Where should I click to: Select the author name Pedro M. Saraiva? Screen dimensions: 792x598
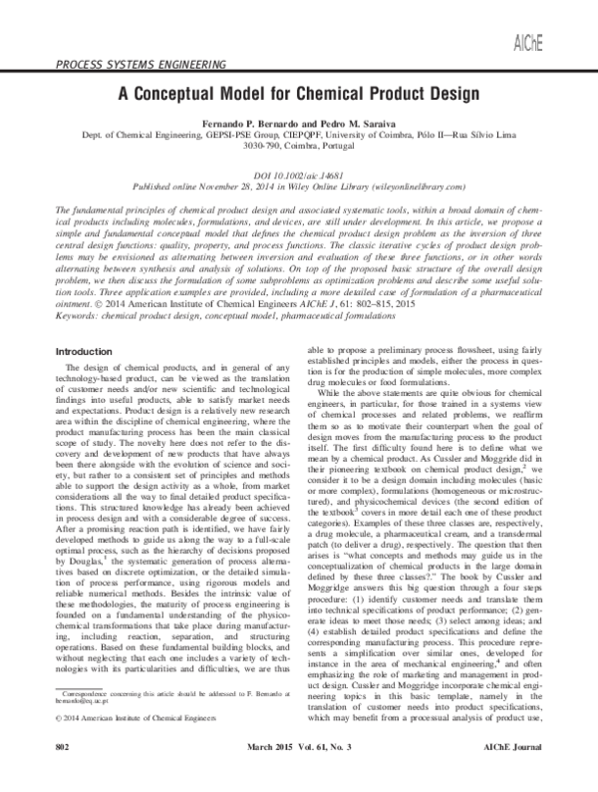[340, 120]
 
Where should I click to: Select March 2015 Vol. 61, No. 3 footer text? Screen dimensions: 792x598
[298, 773]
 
